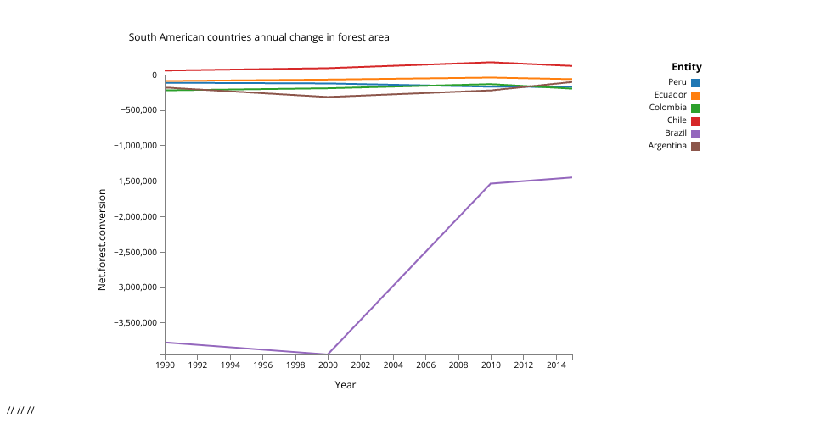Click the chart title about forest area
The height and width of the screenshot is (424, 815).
click(259, 37)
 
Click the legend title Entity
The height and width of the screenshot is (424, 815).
click(686, 67)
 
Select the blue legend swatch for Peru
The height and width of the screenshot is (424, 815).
click(695, 82)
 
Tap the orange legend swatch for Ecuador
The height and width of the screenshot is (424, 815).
click(695, 95)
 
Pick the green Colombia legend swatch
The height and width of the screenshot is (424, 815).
click(695, 108)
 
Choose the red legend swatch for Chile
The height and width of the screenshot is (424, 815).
click(695, 120)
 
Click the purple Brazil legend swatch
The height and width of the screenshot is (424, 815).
click(695, 133)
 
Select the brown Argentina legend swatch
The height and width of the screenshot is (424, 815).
click(695, 146)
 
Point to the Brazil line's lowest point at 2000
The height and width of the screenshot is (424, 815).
click(328, 354)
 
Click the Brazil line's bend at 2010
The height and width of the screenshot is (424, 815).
click(491, 183)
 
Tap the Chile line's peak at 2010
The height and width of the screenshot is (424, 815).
click(491, 62)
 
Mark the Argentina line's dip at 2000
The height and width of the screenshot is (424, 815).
click(328, 97)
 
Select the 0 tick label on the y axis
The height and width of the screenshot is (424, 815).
click(155, 75)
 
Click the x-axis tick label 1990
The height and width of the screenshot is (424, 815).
click(166, 365)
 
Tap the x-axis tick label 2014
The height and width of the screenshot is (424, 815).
click(556, 365)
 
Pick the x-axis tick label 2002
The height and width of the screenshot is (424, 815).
click(361, 365)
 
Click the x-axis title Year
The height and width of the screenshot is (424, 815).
click(345, 385)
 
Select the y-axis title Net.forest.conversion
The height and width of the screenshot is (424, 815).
click(102, 240)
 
